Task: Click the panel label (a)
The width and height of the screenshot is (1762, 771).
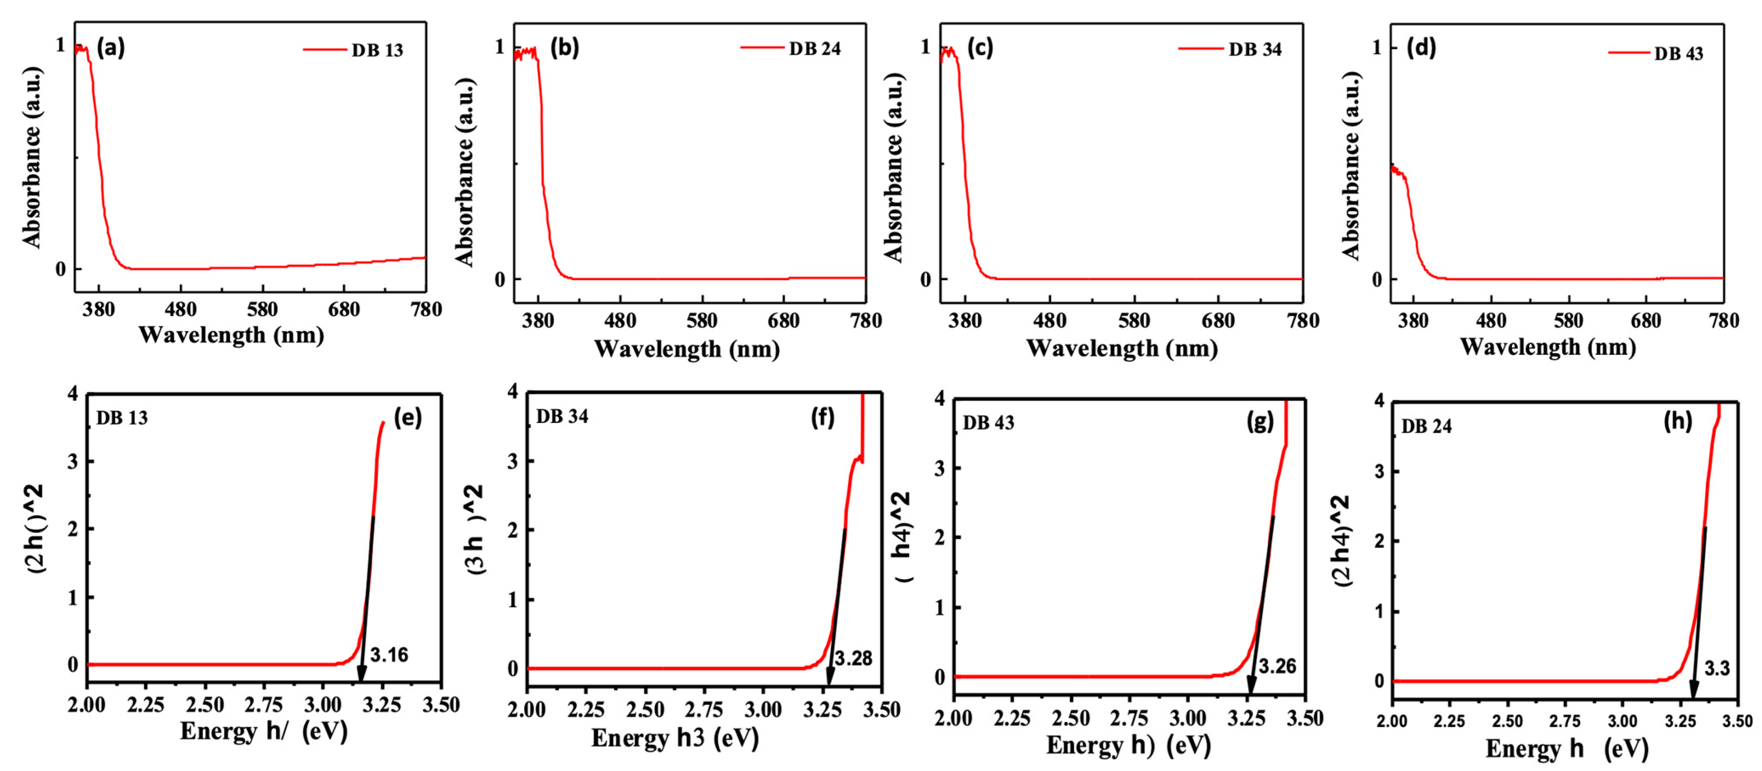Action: (x=111, y=48)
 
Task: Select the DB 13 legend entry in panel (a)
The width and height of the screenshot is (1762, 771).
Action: (x=377, y=51)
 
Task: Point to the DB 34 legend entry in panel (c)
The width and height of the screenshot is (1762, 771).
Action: (x=1255, y=49)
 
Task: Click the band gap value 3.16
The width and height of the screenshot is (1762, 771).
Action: (x=389, y=655)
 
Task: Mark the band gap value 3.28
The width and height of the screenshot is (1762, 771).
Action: (x=854, y=658)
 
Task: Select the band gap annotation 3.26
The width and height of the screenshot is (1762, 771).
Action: (x=1277, y=666)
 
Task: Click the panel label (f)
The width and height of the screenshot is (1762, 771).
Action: (x=823, y=417)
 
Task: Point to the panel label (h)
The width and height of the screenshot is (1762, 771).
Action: (x=1678, y=421)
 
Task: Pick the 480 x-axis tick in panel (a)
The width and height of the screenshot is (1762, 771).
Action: (x=181, y=310)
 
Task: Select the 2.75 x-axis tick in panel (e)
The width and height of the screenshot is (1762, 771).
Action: (x=264, y=705)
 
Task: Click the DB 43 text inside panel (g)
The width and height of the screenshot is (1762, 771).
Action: (x=989, y=423)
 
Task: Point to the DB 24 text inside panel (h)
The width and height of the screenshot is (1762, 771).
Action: (x=1426, y=427)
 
